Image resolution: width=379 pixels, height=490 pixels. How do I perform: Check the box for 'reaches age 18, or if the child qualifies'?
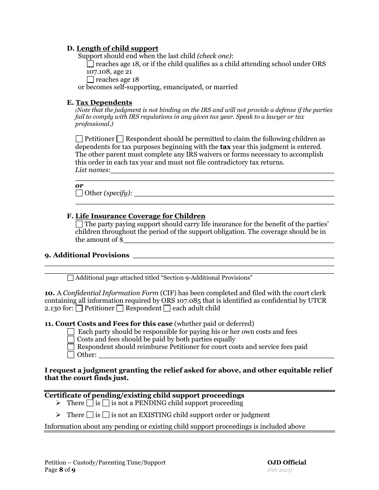pyautogui.click(x=91, y=64)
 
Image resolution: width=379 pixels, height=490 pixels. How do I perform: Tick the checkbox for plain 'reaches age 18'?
pyautogui.click(x=91, y=80)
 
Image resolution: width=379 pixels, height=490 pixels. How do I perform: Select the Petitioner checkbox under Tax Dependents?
pyautogui.click(x=79, y=139)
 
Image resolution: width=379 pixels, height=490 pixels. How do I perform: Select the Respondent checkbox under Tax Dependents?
pyautogui.click(x=120, y=139)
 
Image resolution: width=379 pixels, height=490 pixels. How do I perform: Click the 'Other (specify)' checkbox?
pyautogui.click(x=79, y=193)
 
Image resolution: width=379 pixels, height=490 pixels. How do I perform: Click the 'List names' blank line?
pyautogui.click(x=222, y=171)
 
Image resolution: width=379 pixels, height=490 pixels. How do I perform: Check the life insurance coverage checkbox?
pyautogui.click(x=79, y=224)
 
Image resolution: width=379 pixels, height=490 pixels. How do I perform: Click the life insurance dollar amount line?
pyautogui.click(x=228, y=240)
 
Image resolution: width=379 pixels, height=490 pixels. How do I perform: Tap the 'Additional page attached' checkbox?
pyautogui.click(x=71, y=278)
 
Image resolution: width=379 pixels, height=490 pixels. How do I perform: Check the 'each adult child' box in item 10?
pyautogui.click(x=167, y=308)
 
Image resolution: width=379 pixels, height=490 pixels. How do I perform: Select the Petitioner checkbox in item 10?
pyautogui.click(x=79, y=308)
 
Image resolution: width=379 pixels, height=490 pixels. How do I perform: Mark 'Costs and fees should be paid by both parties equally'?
pyautogui.click(x=71, y=339)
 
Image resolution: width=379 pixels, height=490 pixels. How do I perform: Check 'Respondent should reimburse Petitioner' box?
pyautogui.click(x=71, y=347)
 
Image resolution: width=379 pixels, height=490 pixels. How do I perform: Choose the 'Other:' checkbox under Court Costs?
pyautogui.click(x=71, y=355)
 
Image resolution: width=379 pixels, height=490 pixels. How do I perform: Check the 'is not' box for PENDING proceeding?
pyautogui.click(x=106, y=403)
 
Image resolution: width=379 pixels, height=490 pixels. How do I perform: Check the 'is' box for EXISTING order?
pyautogui.click(x=90, y=415)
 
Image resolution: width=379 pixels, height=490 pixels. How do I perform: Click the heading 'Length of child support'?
pyautogui.click(x=117, y=49)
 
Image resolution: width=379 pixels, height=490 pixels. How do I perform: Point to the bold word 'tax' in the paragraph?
pyautogui.click(x=225, y=147)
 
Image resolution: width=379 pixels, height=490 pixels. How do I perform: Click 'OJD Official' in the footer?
pyautogui.click(x=286, y=463)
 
